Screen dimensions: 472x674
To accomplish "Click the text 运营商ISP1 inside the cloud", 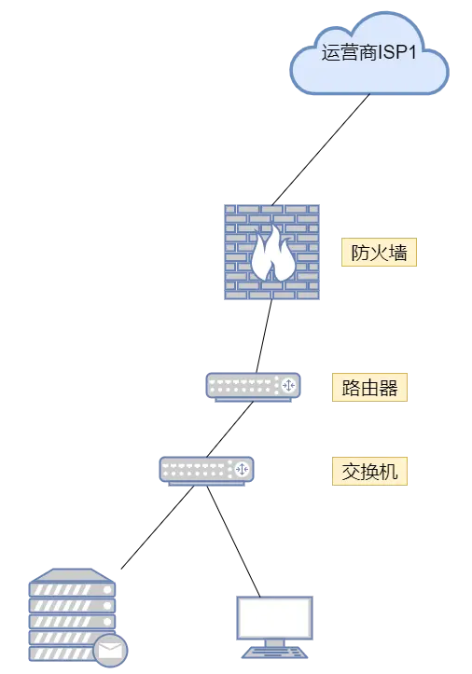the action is [369, 53].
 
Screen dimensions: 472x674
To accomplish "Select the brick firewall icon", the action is [272, 252].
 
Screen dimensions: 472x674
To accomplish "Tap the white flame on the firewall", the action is [273, 254].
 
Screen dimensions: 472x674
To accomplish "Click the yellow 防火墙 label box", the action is [379, 252].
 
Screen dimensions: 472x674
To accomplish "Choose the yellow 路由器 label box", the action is [369, 387].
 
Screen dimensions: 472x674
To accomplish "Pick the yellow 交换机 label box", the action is [369, 471].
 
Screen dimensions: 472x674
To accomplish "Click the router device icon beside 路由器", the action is [254, 387].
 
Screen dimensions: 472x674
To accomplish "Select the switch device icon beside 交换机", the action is [206, 471].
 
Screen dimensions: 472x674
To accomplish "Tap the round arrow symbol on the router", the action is [288, 385].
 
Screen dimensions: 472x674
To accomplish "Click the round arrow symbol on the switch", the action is [242, 469].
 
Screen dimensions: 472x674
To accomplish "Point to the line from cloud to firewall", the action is [321, 149].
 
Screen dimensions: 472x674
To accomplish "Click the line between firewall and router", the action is [264, 337].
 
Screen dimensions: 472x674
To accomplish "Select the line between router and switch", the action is [229, 430].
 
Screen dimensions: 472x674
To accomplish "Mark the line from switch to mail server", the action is [158, 528].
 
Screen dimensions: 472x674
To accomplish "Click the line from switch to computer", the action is [233, 542].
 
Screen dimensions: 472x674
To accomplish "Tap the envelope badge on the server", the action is [111, 651].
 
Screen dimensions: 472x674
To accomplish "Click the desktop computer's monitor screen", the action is [274, 618].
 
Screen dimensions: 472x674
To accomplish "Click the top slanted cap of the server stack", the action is [72, 575].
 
